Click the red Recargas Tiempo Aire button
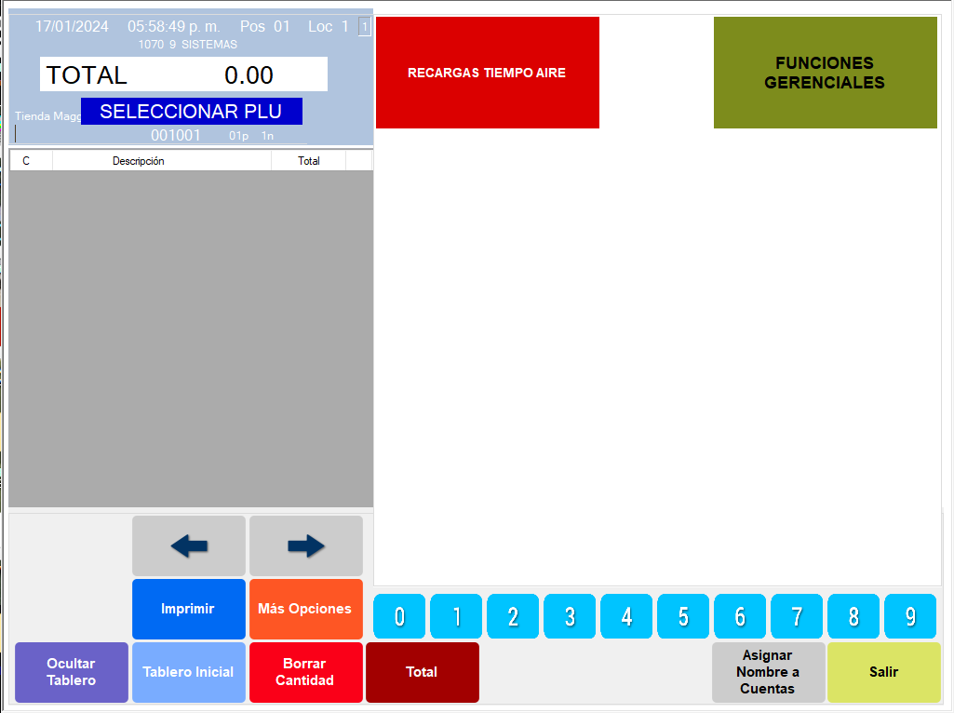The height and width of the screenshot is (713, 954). [487, 73]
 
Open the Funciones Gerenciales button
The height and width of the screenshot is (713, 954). [825, 73]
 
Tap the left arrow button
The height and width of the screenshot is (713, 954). [189, 546]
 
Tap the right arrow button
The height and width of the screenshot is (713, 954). [306, 546]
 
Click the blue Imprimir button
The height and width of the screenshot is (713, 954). [189, 609]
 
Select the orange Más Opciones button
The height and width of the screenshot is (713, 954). [306, 609]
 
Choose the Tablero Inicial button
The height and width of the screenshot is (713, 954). [189, 672]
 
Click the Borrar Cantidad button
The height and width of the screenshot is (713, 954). [306, 672]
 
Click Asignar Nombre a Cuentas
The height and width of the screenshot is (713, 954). [769, 672]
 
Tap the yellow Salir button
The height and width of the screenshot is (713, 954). [884, 672]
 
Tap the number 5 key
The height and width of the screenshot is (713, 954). [683, 616]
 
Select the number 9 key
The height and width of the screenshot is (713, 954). [910, 616]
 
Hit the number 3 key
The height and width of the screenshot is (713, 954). [570, 616]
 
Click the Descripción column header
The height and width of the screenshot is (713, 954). [139, 161]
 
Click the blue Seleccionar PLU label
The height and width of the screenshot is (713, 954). [191, 112]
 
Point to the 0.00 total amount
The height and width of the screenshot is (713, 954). [249, 75]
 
